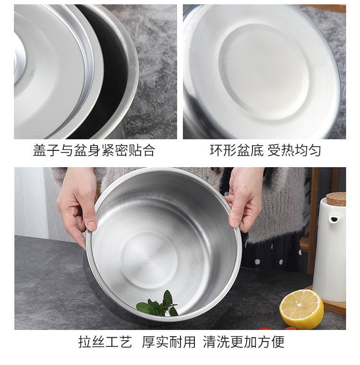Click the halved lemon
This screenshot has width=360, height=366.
(x=301, y=309)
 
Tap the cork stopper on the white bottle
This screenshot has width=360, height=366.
(x=336, y=199)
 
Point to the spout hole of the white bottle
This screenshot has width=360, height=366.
(x=334, y=219)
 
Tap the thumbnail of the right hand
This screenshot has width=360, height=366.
(x=235, y=223)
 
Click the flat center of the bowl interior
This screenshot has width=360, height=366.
(x=150, y=260)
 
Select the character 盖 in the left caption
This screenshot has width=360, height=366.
(x=39, y=150)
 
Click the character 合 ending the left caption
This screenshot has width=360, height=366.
(x=148, y=150)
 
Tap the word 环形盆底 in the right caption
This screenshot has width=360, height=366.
(x=237, y=150)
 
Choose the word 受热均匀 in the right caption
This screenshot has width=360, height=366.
(x=294, y=150)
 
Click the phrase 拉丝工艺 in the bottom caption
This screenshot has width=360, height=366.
(x=105, y=342)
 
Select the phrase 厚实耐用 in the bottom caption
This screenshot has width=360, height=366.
(x=168, y=342)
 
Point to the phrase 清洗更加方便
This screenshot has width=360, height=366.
(x=243, y=342)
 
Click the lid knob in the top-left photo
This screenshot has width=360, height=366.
(x=19, y=60)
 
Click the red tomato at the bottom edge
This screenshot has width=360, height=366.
(x=266, y=329)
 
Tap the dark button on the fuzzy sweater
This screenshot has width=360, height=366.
(x=216, y=171)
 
